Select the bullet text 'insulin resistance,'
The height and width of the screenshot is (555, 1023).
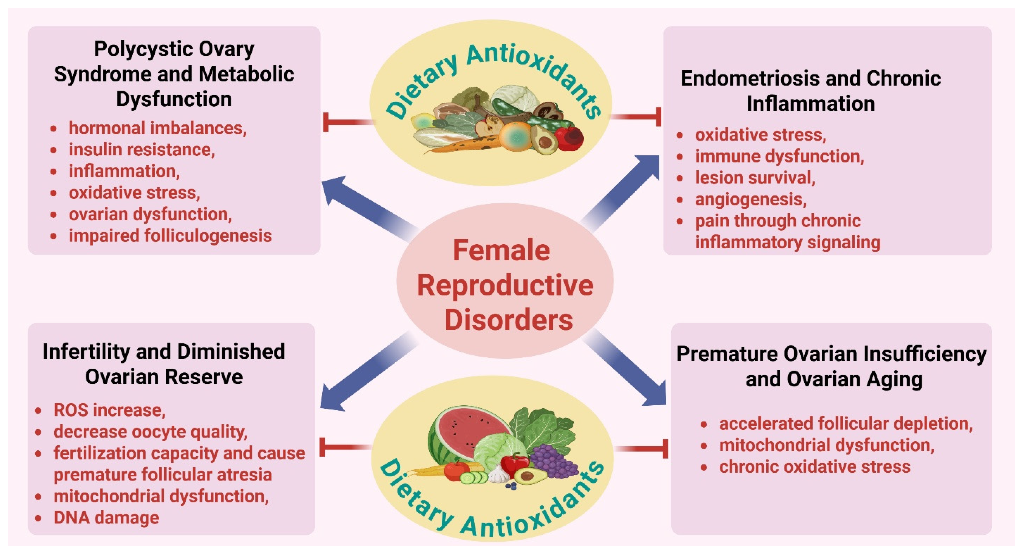tap(142, 150)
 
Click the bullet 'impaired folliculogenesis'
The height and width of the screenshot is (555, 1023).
tap(170, 236)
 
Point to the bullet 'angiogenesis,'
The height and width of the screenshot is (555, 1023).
tap(750, 199)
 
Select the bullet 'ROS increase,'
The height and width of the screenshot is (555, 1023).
tap(109, 410)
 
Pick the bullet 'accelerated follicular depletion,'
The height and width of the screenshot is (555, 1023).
tap(846, 424)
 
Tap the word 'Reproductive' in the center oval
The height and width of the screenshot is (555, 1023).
tap(505, 286)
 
